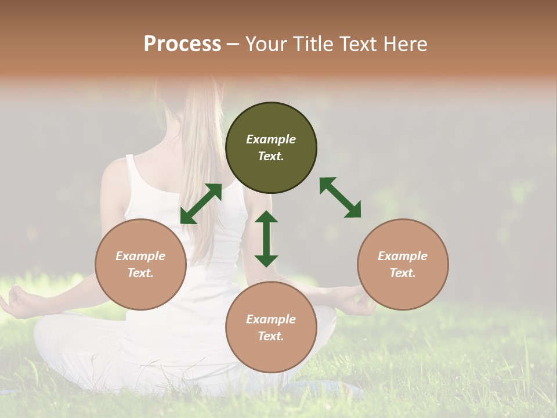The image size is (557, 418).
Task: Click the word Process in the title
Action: pos(182,44)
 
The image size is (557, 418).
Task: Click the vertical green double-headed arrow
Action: pos(266,239)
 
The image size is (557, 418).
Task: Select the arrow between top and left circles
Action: pos(201,204)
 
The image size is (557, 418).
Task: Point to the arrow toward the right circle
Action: pos(341,197)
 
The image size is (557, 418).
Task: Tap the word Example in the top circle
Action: pos(271,139)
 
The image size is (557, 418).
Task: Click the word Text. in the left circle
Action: pos(140,273)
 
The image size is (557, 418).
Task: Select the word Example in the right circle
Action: pos(403,256)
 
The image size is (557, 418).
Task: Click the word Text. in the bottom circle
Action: pos(271,336)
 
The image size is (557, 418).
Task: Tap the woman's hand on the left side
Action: pos(17,302)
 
